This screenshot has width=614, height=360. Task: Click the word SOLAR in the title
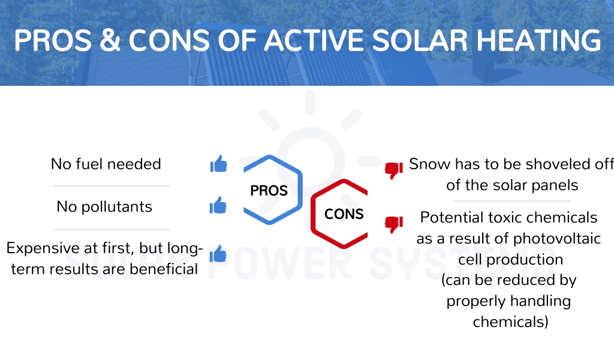coord(420,40)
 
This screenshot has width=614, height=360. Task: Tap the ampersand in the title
coord(110,40)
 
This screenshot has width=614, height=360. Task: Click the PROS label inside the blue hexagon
coord(269,191)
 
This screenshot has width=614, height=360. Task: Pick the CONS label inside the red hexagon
coord(344,214)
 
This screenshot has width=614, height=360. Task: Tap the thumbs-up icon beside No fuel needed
coord(218,164)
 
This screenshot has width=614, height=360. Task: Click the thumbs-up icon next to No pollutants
coord(218,205)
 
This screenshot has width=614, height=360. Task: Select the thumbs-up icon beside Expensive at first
coord(218,253)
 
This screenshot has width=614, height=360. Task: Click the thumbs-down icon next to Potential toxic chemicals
coord(393,224)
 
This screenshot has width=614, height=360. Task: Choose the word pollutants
coord(117,207)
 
